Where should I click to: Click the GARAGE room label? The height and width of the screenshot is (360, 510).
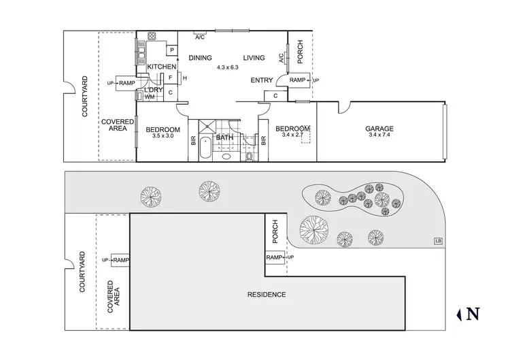[379, 129]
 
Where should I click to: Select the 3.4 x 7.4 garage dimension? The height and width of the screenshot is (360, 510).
[379, 135]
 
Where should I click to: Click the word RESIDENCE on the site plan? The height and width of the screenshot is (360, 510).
[267, 295]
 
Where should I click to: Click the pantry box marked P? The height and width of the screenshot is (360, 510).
[171, 50]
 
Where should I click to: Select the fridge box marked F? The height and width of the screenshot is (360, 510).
[170, 77]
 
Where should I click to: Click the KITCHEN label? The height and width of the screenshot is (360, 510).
[162, 66]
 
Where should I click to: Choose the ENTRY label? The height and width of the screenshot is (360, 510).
[262, 80]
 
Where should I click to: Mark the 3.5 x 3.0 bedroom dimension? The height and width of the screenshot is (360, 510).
[163, 136]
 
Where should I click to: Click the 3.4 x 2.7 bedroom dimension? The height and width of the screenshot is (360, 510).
[292, 135]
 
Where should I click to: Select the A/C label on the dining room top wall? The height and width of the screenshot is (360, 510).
[200, 37]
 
